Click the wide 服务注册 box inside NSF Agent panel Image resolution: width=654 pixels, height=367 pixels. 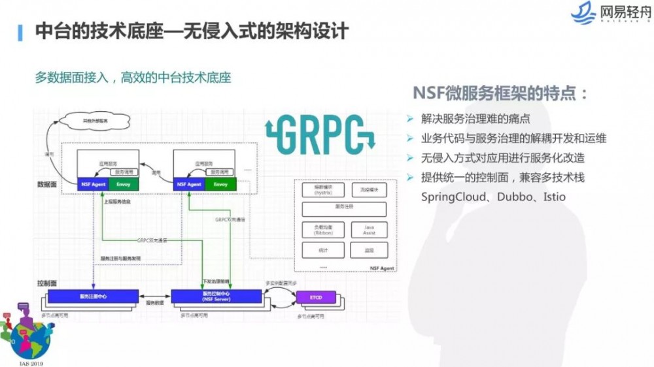344,209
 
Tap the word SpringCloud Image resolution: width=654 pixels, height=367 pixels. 446,197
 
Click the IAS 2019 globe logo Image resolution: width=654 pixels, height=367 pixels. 25,333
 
